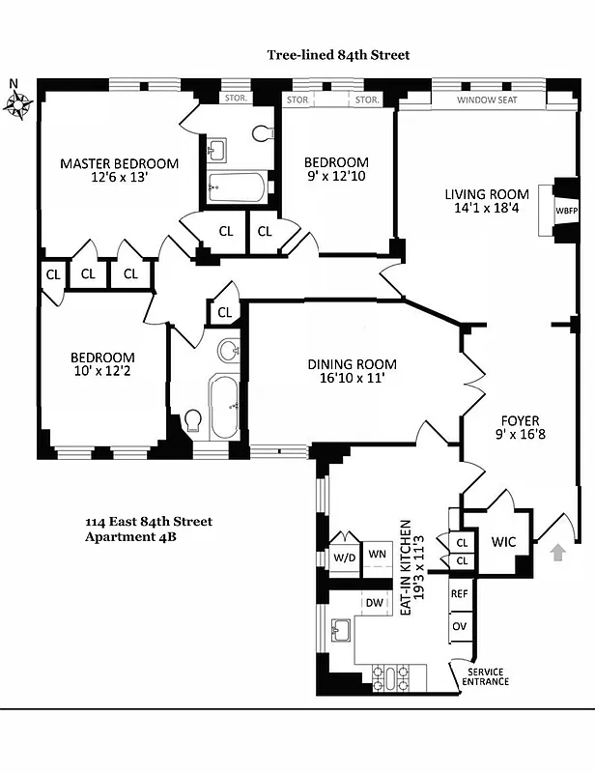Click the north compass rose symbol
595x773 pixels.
[x=18, y=102]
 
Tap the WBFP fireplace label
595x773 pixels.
[x=565, y=211]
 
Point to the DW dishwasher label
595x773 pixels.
[x=375, y=603]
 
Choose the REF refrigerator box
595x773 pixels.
[x=461, y=593]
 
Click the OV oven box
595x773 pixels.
[x=461, y=628]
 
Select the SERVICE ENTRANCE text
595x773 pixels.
[x=488, y=676]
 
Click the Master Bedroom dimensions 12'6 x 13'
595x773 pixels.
[x=119, y=179]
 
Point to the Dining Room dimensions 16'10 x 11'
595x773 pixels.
[x=352, y=379]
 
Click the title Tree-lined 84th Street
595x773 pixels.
[x=338, y=55]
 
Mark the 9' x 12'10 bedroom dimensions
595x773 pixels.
[x=336, y=177]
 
